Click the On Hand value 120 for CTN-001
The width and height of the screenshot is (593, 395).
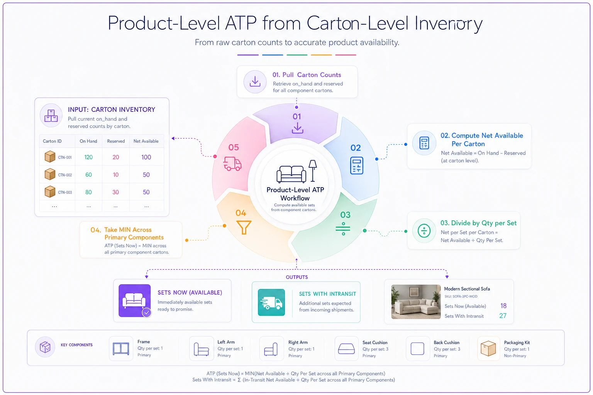[88, 157]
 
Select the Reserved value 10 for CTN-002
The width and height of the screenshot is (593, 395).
[116, 175]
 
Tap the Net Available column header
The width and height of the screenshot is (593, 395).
[146, 141]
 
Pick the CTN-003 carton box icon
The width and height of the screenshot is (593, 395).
[50, 192]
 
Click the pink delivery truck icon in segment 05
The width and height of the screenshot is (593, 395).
[232, 164]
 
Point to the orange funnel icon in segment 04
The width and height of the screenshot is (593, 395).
[244, 227]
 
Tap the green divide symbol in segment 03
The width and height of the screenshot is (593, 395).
[343, 229]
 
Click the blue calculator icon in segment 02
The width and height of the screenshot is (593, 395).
[357, 165]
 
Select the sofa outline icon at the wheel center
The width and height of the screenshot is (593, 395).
[291, 174]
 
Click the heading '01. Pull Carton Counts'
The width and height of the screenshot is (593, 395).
[307, 75]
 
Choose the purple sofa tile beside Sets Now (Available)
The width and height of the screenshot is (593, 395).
[134, 300]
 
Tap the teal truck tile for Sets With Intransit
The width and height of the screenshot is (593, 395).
[271, 302]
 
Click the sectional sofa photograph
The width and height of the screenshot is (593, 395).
[416, 302]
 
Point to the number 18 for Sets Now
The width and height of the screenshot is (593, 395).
[503, 306]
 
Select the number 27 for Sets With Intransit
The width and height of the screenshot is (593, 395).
[503, 316]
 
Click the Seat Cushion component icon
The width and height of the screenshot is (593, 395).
[346, 348]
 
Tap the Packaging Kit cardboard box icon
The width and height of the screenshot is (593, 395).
[488, 348]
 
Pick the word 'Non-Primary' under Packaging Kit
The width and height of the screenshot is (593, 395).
[515, 356]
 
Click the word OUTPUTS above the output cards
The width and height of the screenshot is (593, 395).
[297, 277]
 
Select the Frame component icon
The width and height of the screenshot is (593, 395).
[121, 348]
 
